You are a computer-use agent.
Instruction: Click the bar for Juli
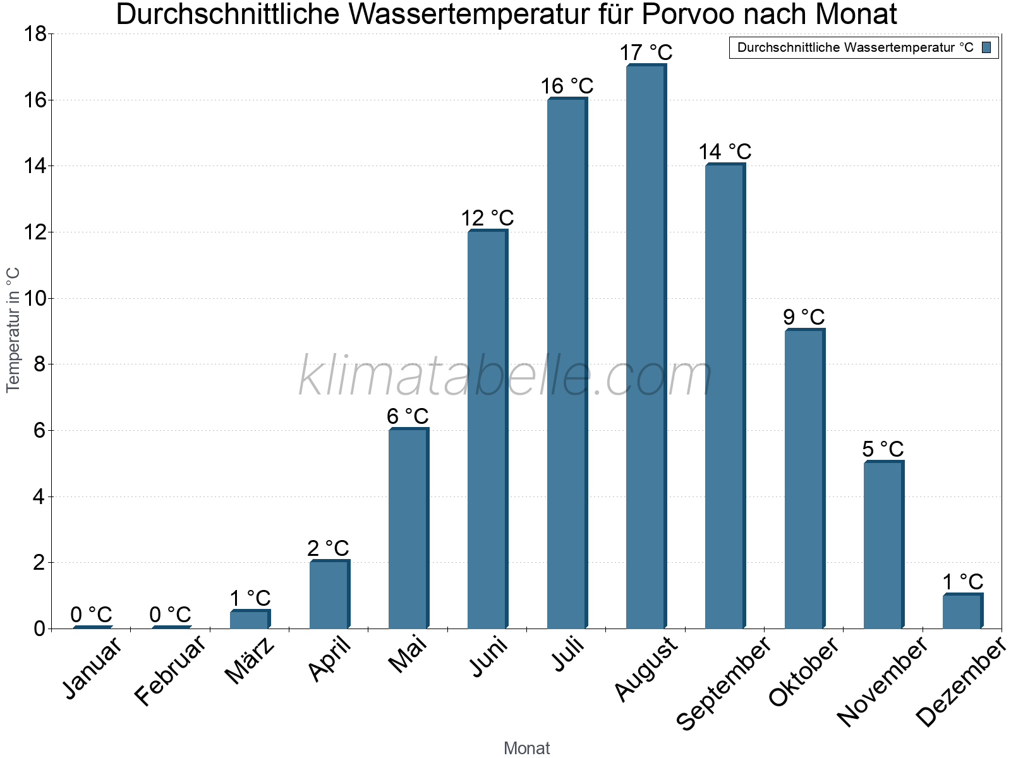[567, 363]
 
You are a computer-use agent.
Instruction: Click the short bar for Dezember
[962, 611]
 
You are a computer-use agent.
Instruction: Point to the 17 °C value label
[646, 52]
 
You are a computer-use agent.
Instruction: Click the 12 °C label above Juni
[487, 219]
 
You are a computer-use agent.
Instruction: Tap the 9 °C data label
[804, 317]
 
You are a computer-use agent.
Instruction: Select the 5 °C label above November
[883, 449]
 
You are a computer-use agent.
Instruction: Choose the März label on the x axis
[250, 661]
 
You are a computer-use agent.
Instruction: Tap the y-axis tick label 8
[39, 364]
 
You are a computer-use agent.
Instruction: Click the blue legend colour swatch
[986, 47]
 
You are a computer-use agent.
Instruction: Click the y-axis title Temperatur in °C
[13, 330]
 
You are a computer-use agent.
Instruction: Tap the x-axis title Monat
[526, 749]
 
